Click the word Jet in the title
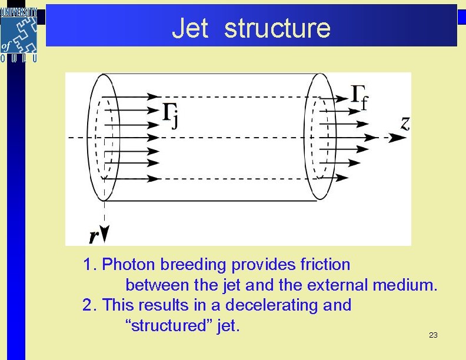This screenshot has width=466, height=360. point(189,28)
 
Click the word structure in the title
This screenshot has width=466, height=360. point(278,28)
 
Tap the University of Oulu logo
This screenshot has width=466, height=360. point(19,34)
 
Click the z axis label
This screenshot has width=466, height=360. point(405,123)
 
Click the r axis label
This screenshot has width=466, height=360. point(94,236)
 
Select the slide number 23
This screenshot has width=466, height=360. point(433,335)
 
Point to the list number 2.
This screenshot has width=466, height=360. point(88,305)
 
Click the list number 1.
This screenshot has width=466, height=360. point(88,265)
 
